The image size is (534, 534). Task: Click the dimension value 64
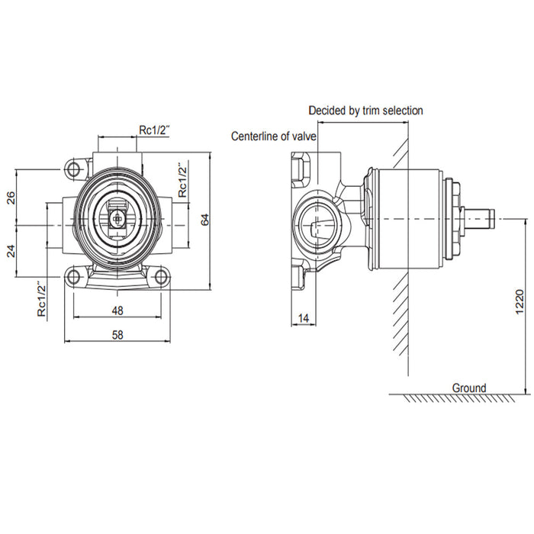(204, 218)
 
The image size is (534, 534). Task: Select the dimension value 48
(117, 311)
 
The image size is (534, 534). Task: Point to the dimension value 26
(11, 198)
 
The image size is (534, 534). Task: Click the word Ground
(468, 388)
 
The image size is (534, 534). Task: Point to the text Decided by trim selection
(365, 111)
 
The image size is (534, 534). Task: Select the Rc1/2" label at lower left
(42, 299)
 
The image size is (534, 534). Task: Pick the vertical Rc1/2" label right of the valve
(182, 180)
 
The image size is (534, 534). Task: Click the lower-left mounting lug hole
(74, 275)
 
